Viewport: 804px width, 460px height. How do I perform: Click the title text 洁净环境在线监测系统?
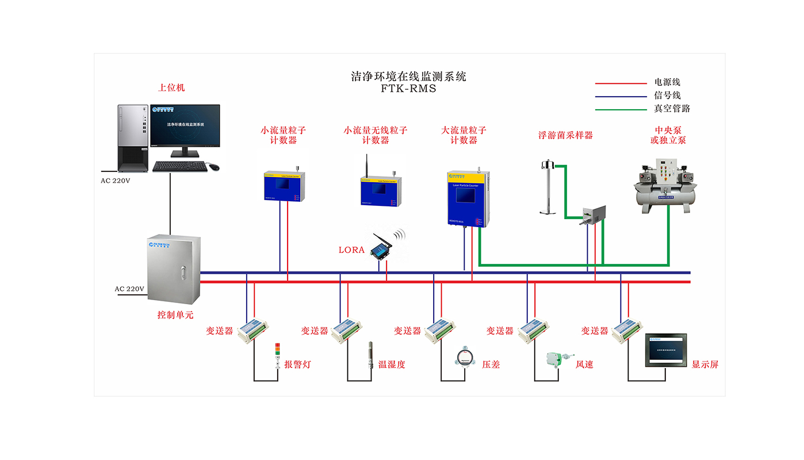click(x=408, y=76)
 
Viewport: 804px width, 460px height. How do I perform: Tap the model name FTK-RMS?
click(x=408, y=89)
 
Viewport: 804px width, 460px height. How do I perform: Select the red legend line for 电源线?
click(x=621, y=83)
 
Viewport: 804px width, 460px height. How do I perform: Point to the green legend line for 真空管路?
click(x=621, y=109)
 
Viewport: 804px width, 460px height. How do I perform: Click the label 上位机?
click(x=171, y=88)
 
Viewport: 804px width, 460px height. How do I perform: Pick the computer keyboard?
click(x=179, y=166)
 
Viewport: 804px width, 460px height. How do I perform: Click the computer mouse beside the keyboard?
click(x=214, y=167)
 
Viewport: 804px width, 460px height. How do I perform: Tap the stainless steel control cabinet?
click(x=174, y=269)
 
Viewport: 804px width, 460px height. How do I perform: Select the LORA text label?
click(x=351, y=250)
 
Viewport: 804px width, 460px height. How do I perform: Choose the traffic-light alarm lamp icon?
click(x=277, y=354)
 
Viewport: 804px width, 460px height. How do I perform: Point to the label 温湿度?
click(x=392, y=365)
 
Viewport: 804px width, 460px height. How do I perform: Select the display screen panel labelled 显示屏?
click(x=665, y=350)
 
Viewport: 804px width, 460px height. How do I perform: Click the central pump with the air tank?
click(x=665, y=185)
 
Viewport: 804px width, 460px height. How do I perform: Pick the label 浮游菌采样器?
click(x=565, y=136)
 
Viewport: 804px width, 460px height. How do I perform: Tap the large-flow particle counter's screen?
click(x=466, y=194)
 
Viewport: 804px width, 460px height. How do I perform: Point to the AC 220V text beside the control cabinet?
click(x=129, y=289)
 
